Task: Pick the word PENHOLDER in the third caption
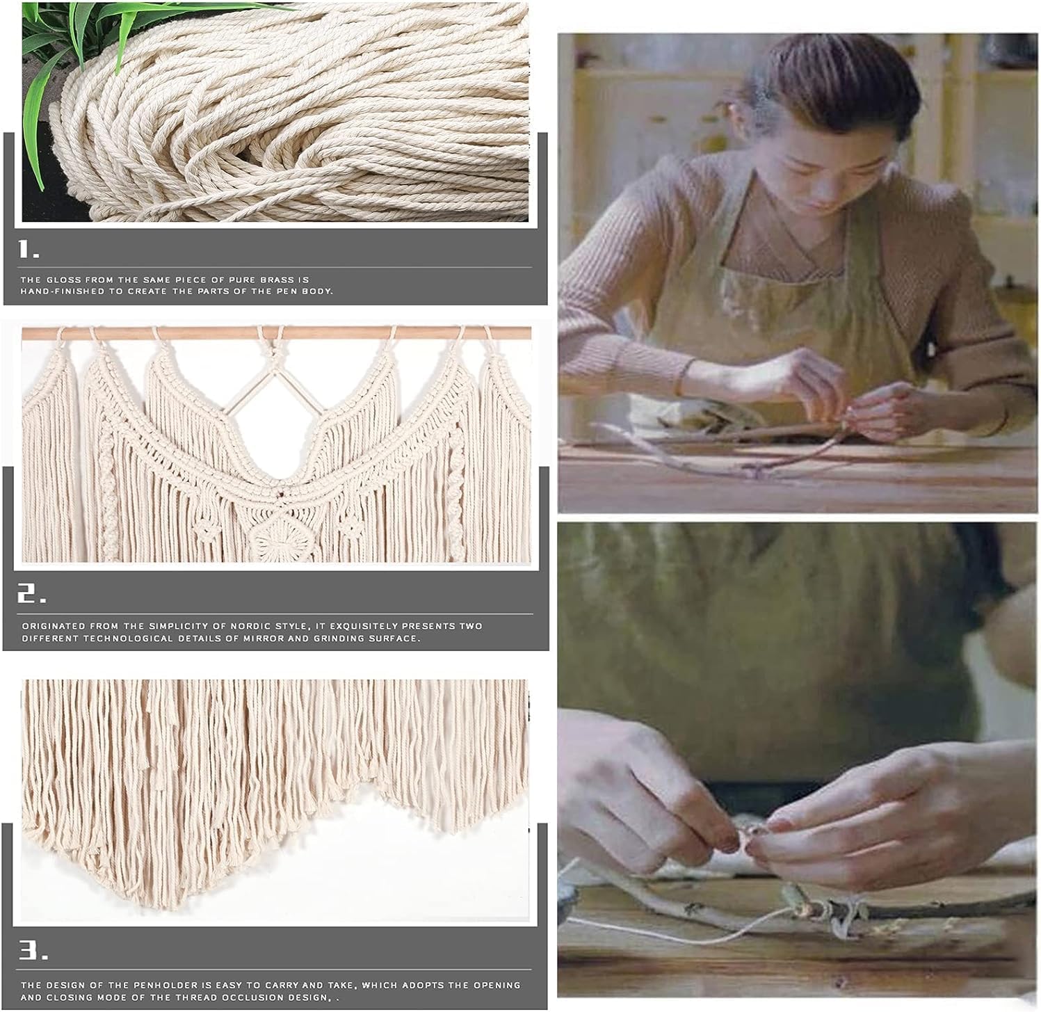(x=136, y=985)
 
